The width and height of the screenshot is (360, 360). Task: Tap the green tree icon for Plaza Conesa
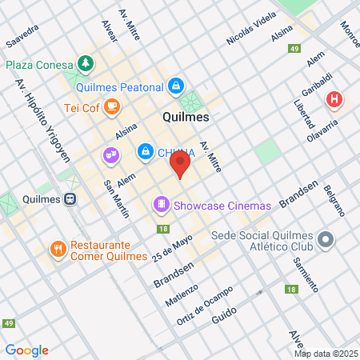[85, 63]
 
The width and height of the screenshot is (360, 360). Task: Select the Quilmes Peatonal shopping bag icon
[176, 86]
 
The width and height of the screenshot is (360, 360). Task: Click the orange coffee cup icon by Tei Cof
[111, 105]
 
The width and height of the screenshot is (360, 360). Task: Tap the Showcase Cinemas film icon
[162, 206]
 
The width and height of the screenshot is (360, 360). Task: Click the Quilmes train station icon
[71, 200]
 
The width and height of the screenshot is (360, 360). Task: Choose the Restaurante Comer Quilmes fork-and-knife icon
[58, 250]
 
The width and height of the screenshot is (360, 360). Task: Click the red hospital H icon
[334, 100]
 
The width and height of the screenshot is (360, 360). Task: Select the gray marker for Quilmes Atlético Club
[326, 239]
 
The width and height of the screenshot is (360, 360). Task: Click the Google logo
[26, 350]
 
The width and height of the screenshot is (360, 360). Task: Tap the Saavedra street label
[22, 37]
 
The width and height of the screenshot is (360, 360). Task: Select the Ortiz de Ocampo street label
[204, 305]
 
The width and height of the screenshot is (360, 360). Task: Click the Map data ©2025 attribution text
[326, 354]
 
